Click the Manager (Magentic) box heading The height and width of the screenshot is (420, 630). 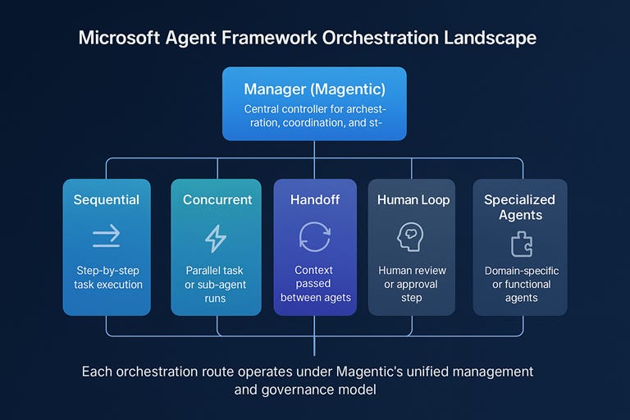pos(314,89)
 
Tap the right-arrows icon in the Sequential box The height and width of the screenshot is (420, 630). pos(107,237)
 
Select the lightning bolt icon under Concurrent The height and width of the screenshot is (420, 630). pos(215,238)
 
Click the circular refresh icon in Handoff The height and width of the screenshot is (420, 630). pos(315,237)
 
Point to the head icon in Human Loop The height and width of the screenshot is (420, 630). pos(409,237)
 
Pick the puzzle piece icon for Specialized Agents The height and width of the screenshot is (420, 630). pos(521,243)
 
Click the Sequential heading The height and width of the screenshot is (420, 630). pos(107,199)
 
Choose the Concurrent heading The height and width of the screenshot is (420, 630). pos(217,199)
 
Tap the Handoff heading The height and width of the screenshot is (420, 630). pos(315,199)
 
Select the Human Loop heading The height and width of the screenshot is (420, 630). pos(413,199)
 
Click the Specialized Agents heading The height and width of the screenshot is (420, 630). pos(519,207)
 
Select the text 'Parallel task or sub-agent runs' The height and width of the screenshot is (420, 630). pos(215,284)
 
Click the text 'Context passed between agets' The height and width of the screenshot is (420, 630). pos(315,284)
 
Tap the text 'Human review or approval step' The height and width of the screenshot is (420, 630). pos(412,284)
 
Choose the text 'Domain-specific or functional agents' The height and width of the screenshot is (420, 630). pos(521,284)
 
